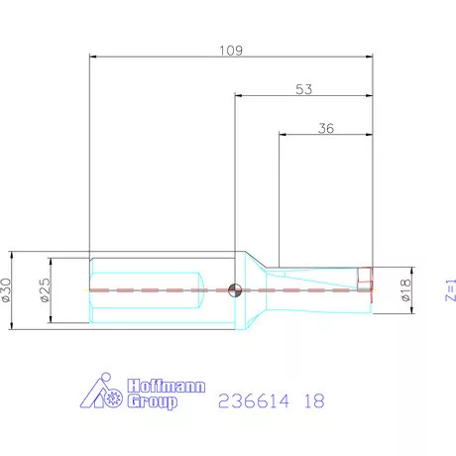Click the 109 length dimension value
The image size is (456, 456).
coord(231,48)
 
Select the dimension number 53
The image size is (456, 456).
coord(303,89)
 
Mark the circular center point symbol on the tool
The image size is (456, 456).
coord(234,289)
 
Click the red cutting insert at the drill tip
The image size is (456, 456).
coord(365,283)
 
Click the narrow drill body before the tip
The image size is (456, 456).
coord(317,287)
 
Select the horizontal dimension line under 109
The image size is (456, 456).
coord(231,57)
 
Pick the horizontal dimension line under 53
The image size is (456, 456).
coord(303,96)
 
